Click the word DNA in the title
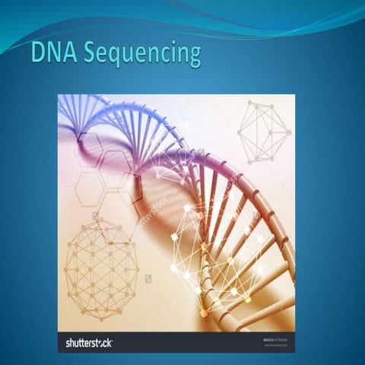(54, 54)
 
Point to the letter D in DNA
(38, 54)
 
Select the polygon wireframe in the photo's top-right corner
(264, 131)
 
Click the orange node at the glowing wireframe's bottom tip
(204, 313)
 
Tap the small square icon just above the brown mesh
(96, 216)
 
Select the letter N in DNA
(54, 54)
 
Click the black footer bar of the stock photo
(182, 342)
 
